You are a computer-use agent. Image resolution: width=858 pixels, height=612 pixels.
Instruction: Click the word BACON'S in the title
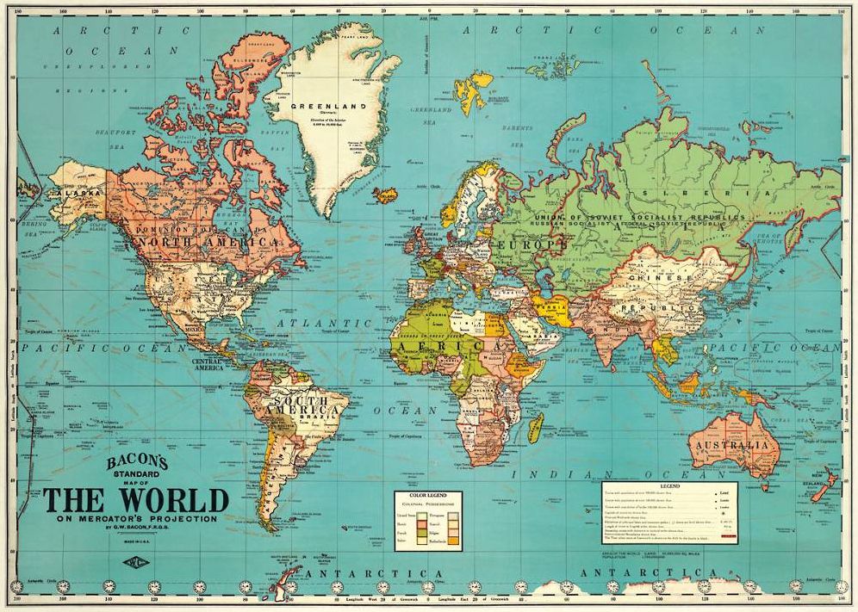click(x=136, y=461)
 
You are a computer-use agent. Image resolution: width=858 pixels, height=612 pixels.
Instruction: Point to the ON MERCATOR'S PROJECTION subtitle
click(x=138, y=519)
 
